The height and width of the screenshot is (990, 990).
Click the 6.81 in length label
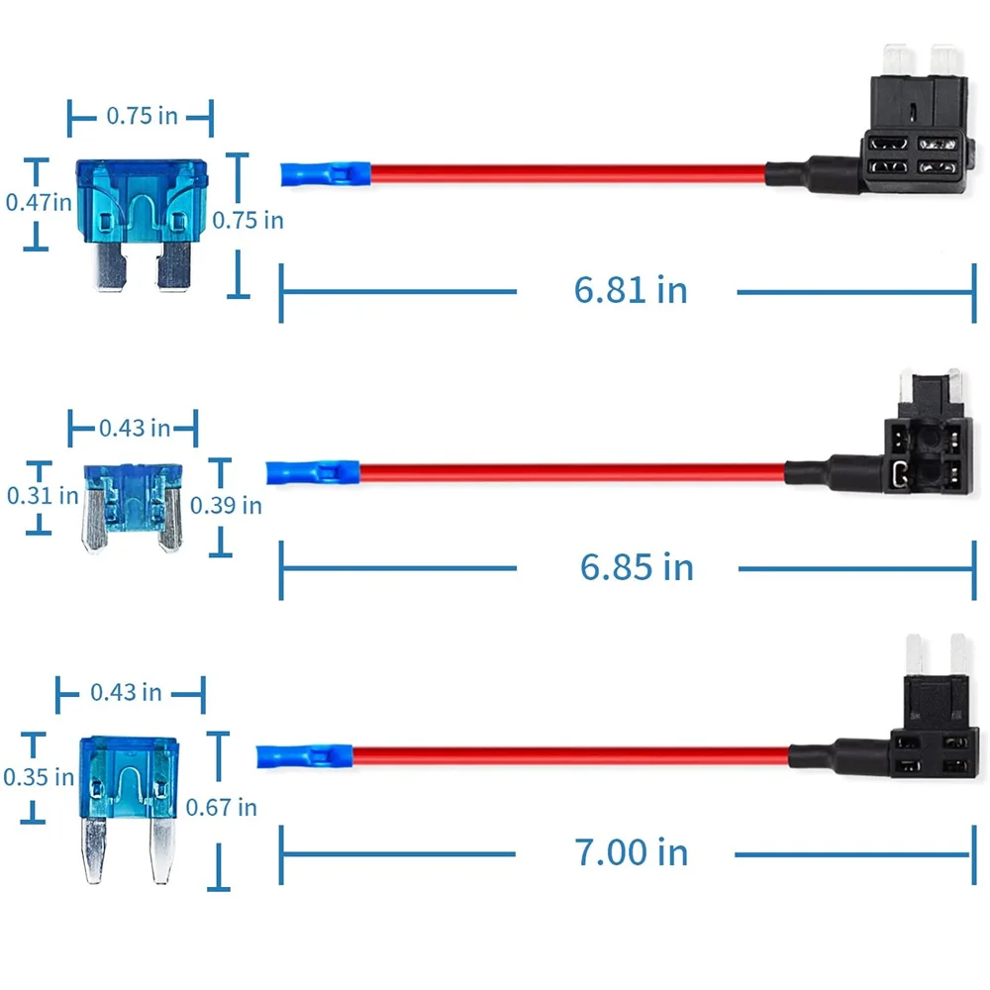(630, 290)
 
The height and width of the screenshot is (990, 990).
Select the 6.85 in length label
(637, 567)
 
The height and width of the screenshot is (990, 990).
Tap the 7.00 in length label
(631, 852)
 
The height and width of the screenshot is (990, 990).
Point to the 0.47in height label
(39, 203)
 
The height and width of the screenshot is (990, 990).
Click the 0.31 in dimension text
(43, 496)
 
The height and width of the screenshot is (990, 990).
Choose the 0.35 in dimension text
(39, 776)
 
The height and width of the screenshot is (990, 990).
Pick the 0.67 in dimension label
(221, 807)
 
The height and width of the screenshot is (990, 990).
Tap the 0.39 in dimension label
(226, 505)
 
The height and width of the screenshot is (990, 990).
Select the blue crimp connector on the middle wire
(313, 472)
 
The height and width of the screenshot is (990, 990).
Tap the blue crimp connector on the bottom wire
(304, 755)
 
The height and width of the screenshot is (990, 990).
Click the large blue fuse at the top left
(142, 225)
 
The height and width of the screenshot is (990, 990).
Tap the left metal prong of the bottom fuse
(95, 849)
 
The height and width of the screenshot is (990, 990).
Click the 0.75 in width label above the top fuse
(142, 116)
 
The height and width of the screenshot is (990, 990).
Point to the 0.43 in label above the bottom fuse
(126, 693)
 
